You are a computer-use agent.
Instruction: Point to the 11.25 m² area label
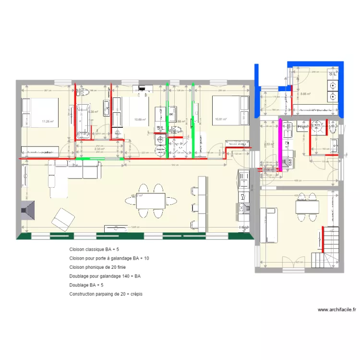[x=47, y=121]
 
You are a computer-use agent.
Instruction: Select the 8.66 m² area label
[x=305, y=94]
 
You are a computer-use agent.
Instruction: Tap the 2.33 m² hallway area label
[x=99, y=149]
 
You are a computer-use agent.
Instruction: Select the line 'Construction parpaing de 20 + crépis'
[x=106, y=294]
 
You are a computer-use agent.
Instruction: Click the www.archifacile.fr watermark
[x=336, y=310]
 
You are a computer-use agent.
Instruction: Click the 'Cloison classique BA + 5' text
[x=94, y=249]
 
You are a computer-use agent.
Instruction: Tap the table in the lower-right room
[x=307, y=207]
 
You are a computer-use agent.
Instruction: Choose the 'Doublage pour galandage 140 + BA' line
[x=105, y=276]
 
